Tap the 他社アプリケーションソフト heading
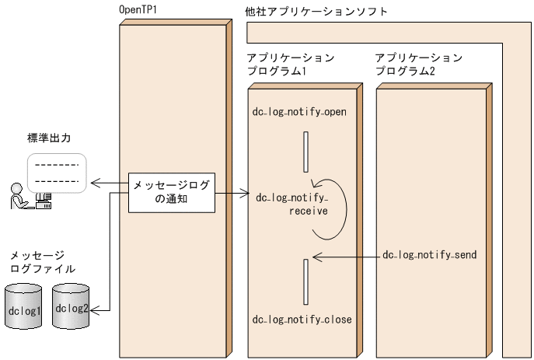pos(316,12)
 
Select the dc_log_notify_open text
pos(299,111)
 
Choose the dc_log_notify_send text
pos(430,255)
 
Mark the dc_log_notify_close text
pos(302,320)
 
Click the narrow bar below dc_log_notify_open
pos(306,152)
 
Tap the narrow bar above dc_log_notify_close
pos(306,281)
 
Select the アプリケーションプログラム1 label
pos(290,65)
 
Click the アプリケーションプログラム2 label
pos(418,65)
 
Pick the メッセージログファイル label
pos(42,262)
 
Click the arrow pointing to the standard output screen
pos(108,184)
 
